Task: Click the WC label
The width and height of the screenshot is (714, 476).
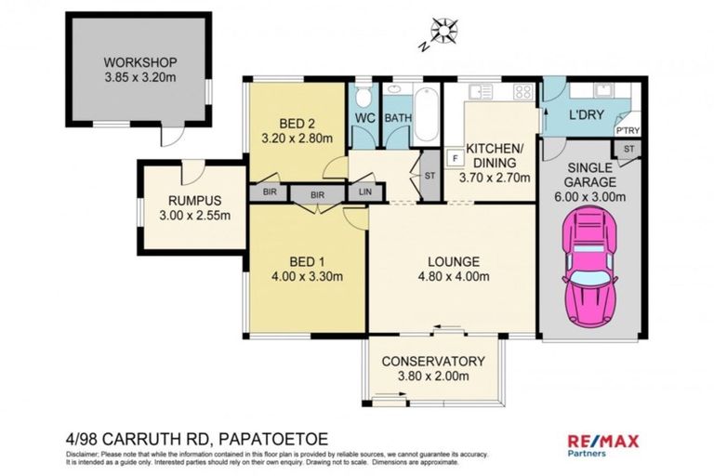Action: click(x=364, y=119)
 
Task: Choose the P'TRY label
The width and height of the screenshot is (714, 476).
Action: click(x=628, y=132)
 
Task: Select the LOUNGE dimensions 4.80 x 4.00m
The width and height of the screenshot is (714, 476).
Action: click(x=454, y=276)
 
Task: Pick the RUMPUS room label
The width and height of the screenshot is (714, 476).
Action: click(x=192, y=201)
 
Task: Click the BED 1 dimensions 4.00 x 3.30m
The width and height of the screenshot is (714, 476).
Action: click(x=307, y=276)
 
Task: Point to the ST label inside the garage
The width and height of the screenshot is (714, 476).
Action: click(x=628, y=149)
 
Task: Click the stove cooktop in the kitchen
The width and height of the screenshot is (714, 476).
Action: click(x=522, y=92)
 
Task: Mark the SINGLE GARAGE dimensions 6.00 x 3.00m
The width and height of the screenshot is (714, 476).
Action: click(x=589, y=196)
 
